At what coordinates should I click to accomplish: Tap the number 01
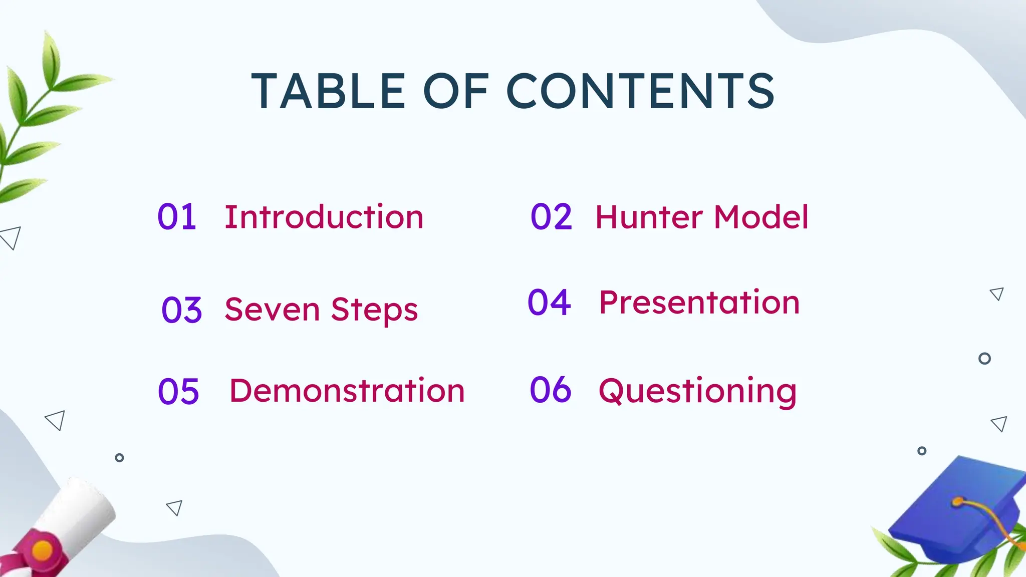176,217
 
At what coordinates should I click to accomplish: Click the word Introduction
324,217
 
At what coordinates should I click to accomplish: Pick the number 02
551,217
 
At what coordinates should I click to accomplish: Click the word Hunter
649,217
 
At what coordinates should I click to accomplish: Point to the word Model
761,217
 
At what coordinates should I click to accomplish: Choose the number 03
181,310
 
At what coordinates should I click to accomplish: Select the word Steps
374,310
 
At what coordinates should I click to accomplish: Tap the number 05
178,391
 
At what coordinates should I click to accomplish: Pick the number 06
550,390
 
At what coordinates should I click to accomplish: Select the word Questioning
697,391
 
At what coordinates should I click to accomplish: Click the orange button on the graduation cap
957,501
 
